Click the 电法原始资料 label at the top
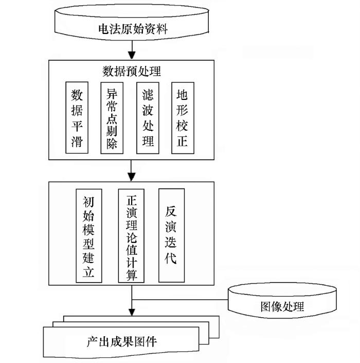tap(133, 30)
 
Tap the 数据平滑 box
tap(77, 117)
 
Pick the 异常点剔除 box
tap(112, 117)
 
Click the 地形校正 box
tap(182, 117)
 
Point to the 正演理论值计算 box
tap(132, 235)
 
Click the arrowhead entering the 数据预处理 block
tap(132, 55)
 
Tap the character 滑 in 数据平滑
tap(77, 141)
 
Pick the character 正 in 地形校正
tap(182, 141)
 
